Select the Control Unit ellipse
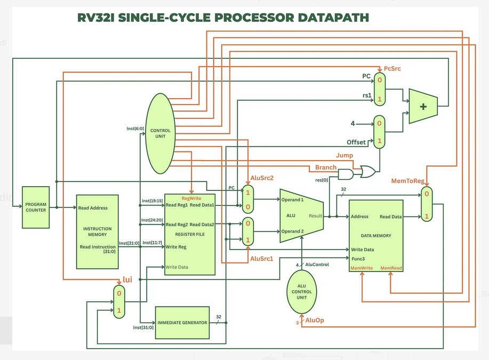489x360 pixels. pos(161,133)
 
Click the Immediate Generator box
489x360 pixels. pos(182,323)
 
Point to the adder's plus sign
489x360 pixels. pos(423,106)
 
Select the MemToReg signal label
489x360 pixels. pos(408,182)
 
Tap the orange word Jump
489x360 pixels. pos(344,155)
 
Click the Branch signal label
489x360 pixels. pos(325,167)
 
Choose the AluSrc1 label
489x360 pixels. pos(262,259)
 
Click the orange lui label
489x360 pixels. pos(127,279)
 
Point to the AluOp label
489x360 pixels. pos(315,321)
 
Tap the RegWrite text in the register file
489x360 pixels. pos(191,198)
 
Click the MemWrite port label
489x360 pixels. pos(362,268)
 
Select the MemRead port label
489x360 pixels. pos(391,268)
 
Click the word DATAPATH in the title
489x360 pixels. pos(331,17)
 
